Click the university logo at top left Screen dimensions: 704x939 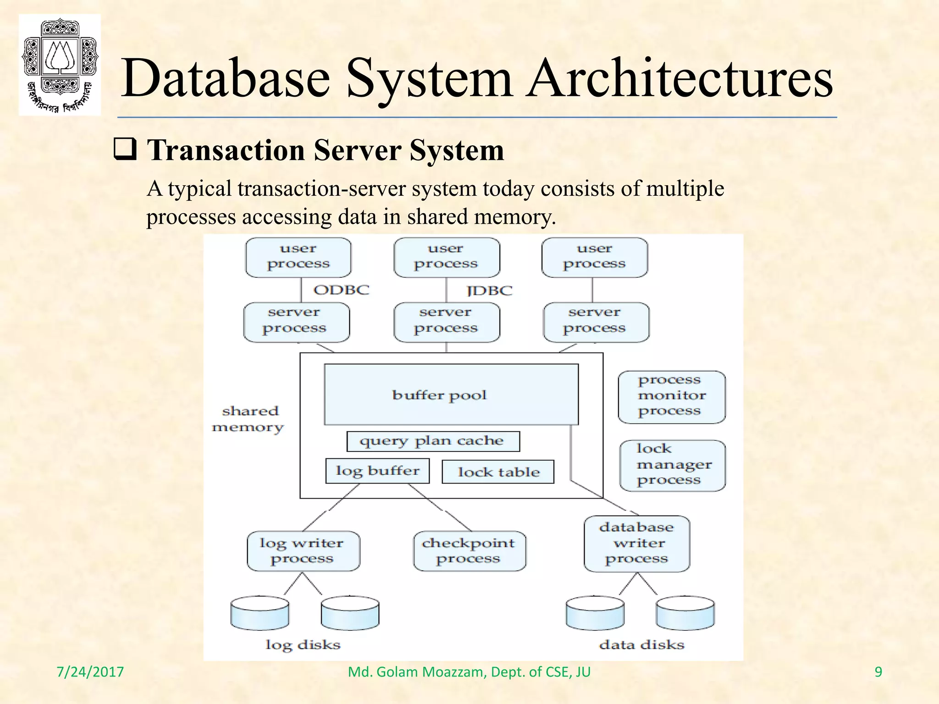click(60, 65)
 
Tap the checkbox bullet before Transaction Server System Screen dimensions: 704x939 click(125, 150)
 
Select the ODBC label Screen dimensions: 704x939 click(341, 290)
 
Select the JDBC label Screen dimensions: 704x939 click(489, 291)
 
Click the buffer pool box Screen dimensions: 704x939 click(451, 395)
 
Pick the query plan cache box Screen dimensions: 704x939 click(433, 441)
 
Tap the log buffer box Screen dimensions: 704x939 click(377, 471)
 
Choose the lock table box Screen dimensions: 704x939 click(498, 472)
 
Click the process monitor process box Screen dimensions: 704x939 click(672, 396)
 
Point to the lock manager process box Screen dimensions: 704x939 click(672, 465)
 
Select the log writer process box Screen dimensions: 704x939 click(303, 551)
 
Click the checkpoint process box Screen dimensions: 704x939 click(469, 551)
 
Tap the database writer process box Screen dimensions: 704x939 click(636, 544)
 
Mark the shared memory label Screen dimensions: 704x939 click(248, 419)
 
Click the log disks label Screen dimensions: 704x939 click(303, 645)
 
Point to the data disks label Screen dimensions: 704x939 click(641, 645)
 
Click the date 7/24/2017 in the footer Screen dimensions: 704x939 click(90, 672)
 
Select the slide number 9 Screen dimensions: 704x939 click(878, 672)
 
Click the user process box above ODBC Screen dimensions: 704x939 click(298, 257)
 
